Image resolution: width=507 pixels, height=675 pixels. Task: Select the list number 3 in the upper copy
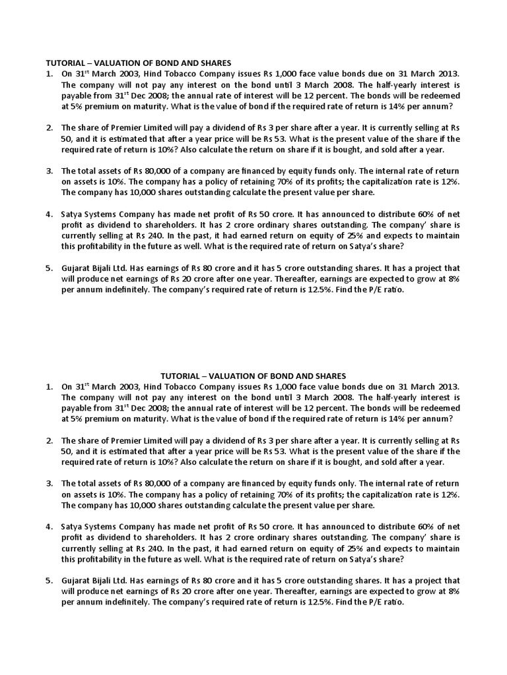(x=49, y=171)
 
